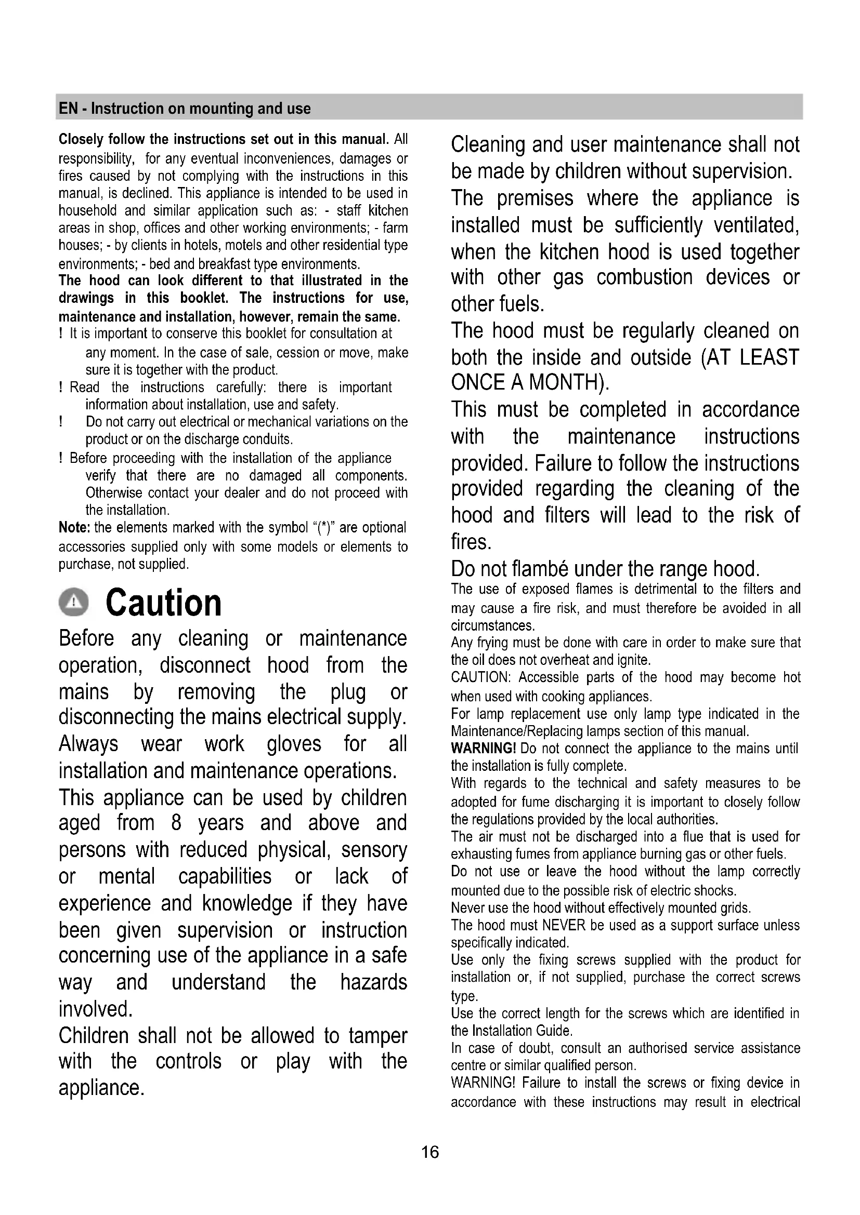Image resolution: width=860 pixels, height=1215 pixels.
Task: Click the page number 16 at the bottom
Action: click(430, 1152)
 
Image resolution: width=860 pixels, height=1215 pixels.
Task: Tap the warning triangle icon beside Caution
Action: click(73, 603)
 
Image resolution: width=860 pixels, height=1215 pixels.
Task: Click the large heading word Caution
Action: click(163, 603)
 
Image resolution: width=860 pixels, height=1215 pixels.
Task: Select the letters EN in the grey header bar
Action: click(68, 109)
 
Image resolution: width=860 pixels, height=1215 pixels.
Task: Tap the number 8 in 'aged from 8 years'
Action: click(176, 823)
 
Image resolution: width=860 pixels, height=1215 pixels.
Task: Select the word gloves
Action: click(294, 743)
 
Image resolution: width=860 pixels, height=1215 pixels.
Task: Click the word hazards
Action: click(373, 982)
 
